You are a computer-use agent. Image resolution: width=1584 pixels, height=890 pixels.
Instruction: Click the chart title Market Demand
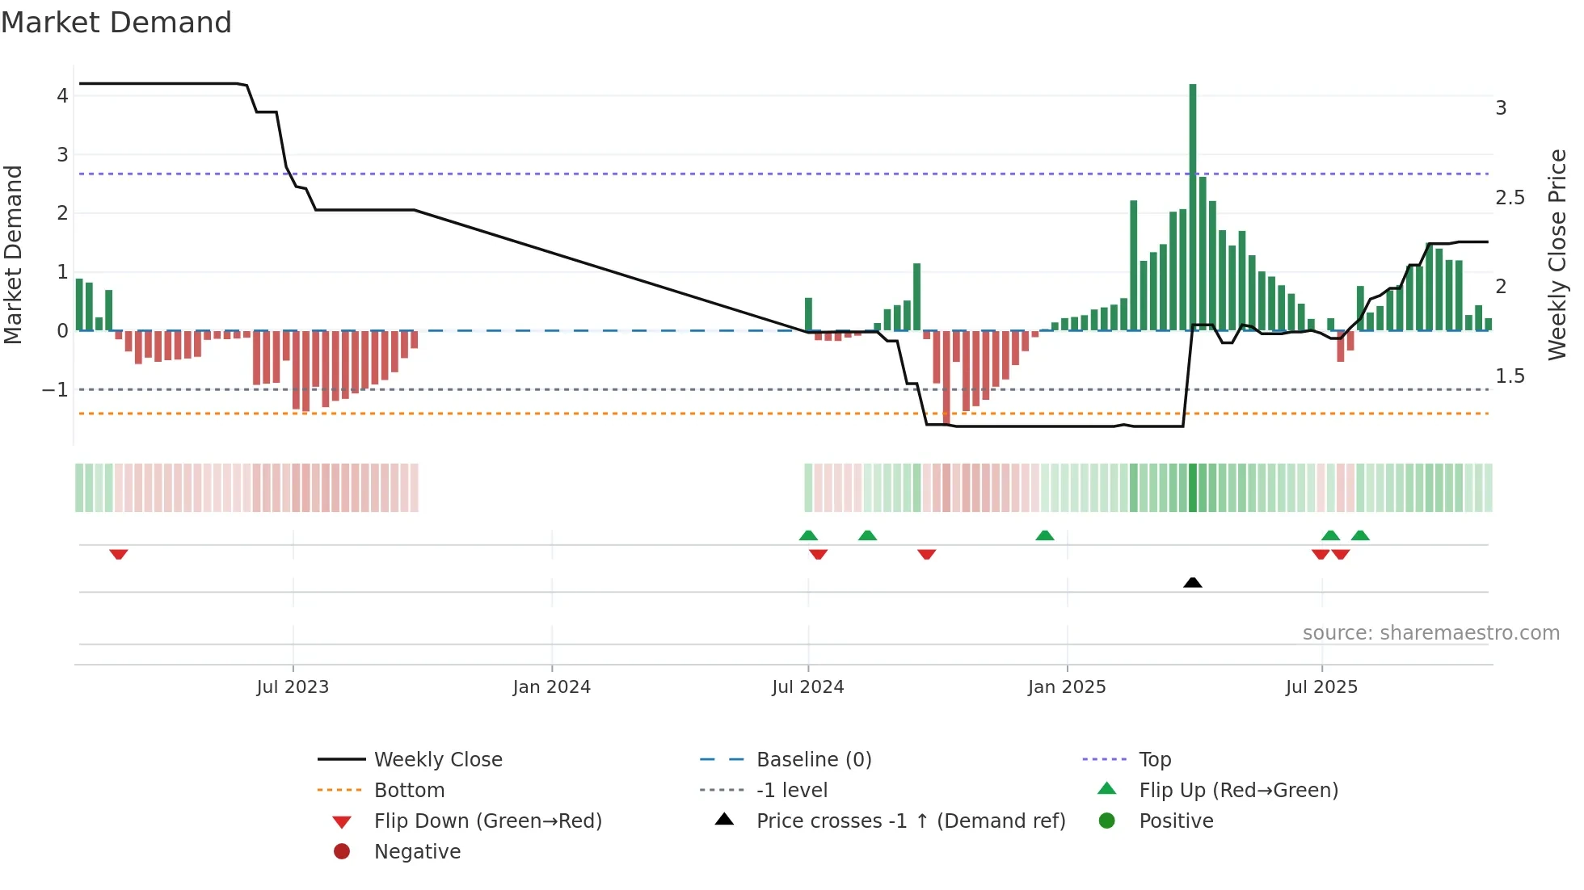pyautogui.click(x=116, y=22)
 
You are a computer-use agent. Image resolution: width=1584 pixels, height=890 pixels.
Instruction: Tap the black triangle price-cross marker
pyautogui.click(x=1193, y=582)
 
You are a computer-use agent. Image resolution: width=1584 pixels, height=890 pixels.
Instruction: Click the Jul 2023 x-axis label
pyautogui.click(x=293, y=687)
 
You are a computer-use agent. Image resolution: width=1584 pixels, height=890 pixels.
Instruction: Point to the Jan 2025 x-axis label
pyautogui.click(x=1067, y=687)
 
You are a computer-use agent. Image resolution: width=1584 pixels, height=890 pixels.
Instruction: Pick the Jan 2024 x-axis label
pyautogui.click(x=552, y=687)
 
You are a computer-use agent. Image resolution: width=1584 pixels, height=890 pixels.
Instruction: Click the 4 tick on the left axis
pyautogui.click(x=62, y=96)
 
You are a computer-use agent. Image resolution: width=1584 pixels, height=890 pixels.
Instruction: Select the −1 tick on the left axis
pyautogui.click(x=55, y=390)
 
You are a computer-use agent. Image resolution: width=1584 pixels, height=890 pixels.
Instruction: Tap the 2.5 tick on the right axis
pyautogui.click(x=1510, y=198)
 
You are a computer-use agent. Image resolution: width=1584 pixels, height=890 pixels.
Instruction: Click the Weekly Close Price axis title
pyautogui.click(x=1557, y=254)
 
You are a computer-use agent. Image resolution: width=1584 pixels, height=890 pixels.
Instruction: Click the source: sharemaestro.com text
pyautogui.click(x=1430, y=633)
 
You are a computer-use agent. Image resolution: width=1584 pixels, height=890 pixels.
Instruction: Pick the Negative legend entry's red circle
pyautogui.click(x=342, y=852)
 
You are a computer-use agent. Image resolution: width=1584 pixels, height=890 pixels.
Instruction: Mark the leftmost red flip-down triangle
pyautogui.click(x=119, y=554)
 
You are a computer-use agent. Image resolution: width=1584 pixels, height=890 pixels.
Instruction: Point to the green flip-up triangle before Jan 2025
pyautogui.click(x=1045, y=535)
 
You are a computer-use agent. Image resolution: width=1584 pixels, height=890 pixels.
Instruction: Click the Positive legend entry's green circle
pyautogui.click(x=1107, y=821)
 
